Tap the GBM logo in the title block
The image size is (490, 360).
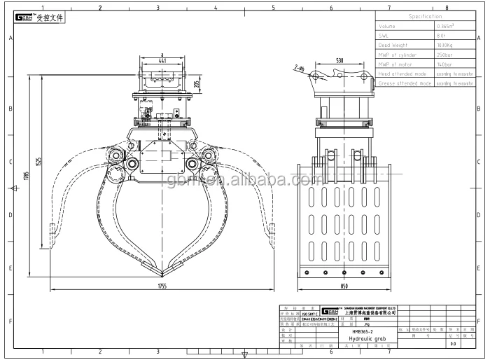(328, 310)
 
